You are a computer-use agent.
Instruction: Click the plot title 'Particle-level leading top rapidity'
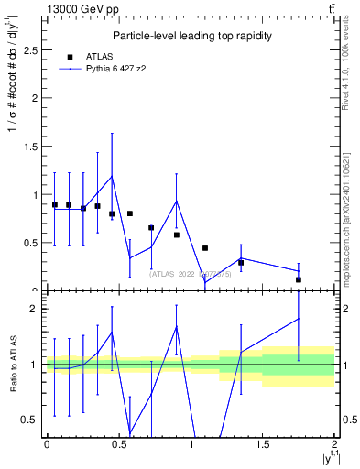click(190, 36)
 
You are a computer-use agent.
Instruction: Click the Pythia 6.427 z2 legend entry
click(116, 68)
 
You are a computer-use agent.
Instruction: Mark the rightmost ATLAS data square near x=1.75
click(299, 279)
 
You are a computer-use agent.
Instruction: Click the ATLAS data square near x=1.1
click(205, 248)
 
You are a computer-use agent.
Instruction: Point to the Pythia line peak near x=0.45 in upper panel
click(112, 177)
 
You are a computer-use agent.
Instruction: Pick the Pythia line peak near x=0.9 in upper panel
click(177, 202)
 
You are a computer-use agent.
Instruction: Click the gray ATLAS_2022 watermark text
click(190, 273)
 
